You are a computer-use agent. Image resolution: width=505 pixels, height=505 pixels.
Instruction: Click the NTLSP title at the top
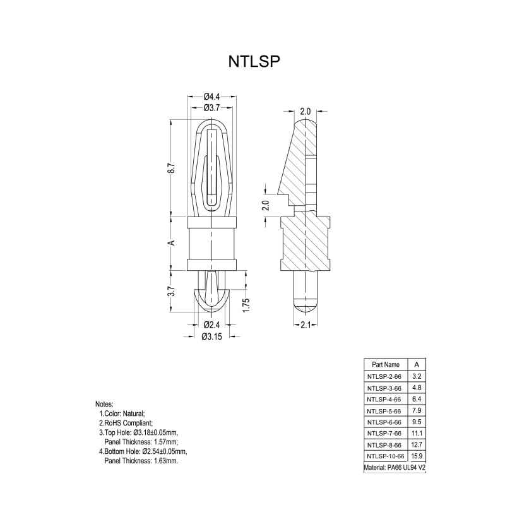pos(252,62)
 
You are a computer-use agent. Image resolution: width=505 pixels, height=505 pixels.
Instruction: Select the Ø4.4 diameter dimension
pos(211,97)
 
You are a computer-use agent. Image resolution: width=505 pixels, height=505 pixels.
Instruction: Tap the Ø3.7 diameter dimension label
pos(211,108)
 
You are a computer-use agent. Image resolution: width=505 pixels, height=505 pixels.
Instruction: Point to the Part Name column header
pos(386,364)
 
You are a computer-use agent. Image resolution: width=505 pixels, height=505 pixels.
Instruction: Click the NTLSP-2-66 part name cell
pos(384,376)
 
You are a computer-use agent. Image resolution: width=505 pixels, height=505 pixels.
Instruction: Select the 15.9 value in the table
pos(417,456)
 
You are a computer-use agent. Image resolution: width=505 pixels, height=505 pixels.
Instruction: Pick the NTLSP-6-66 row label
pos(384,422)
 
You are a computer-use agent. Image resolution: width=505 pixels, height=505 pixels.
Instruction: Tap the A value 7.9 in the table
pos(417,410)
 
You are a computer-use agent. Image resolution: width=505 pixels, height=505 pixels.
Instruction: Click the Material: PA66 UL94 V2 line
pos(400,468)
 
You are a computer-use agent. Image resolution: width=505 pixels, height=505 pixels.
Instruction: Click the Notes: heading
pos(104,403)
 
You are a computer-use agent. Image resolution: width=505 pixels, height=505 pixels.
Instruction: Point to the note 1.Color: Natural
pos(122,413)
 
